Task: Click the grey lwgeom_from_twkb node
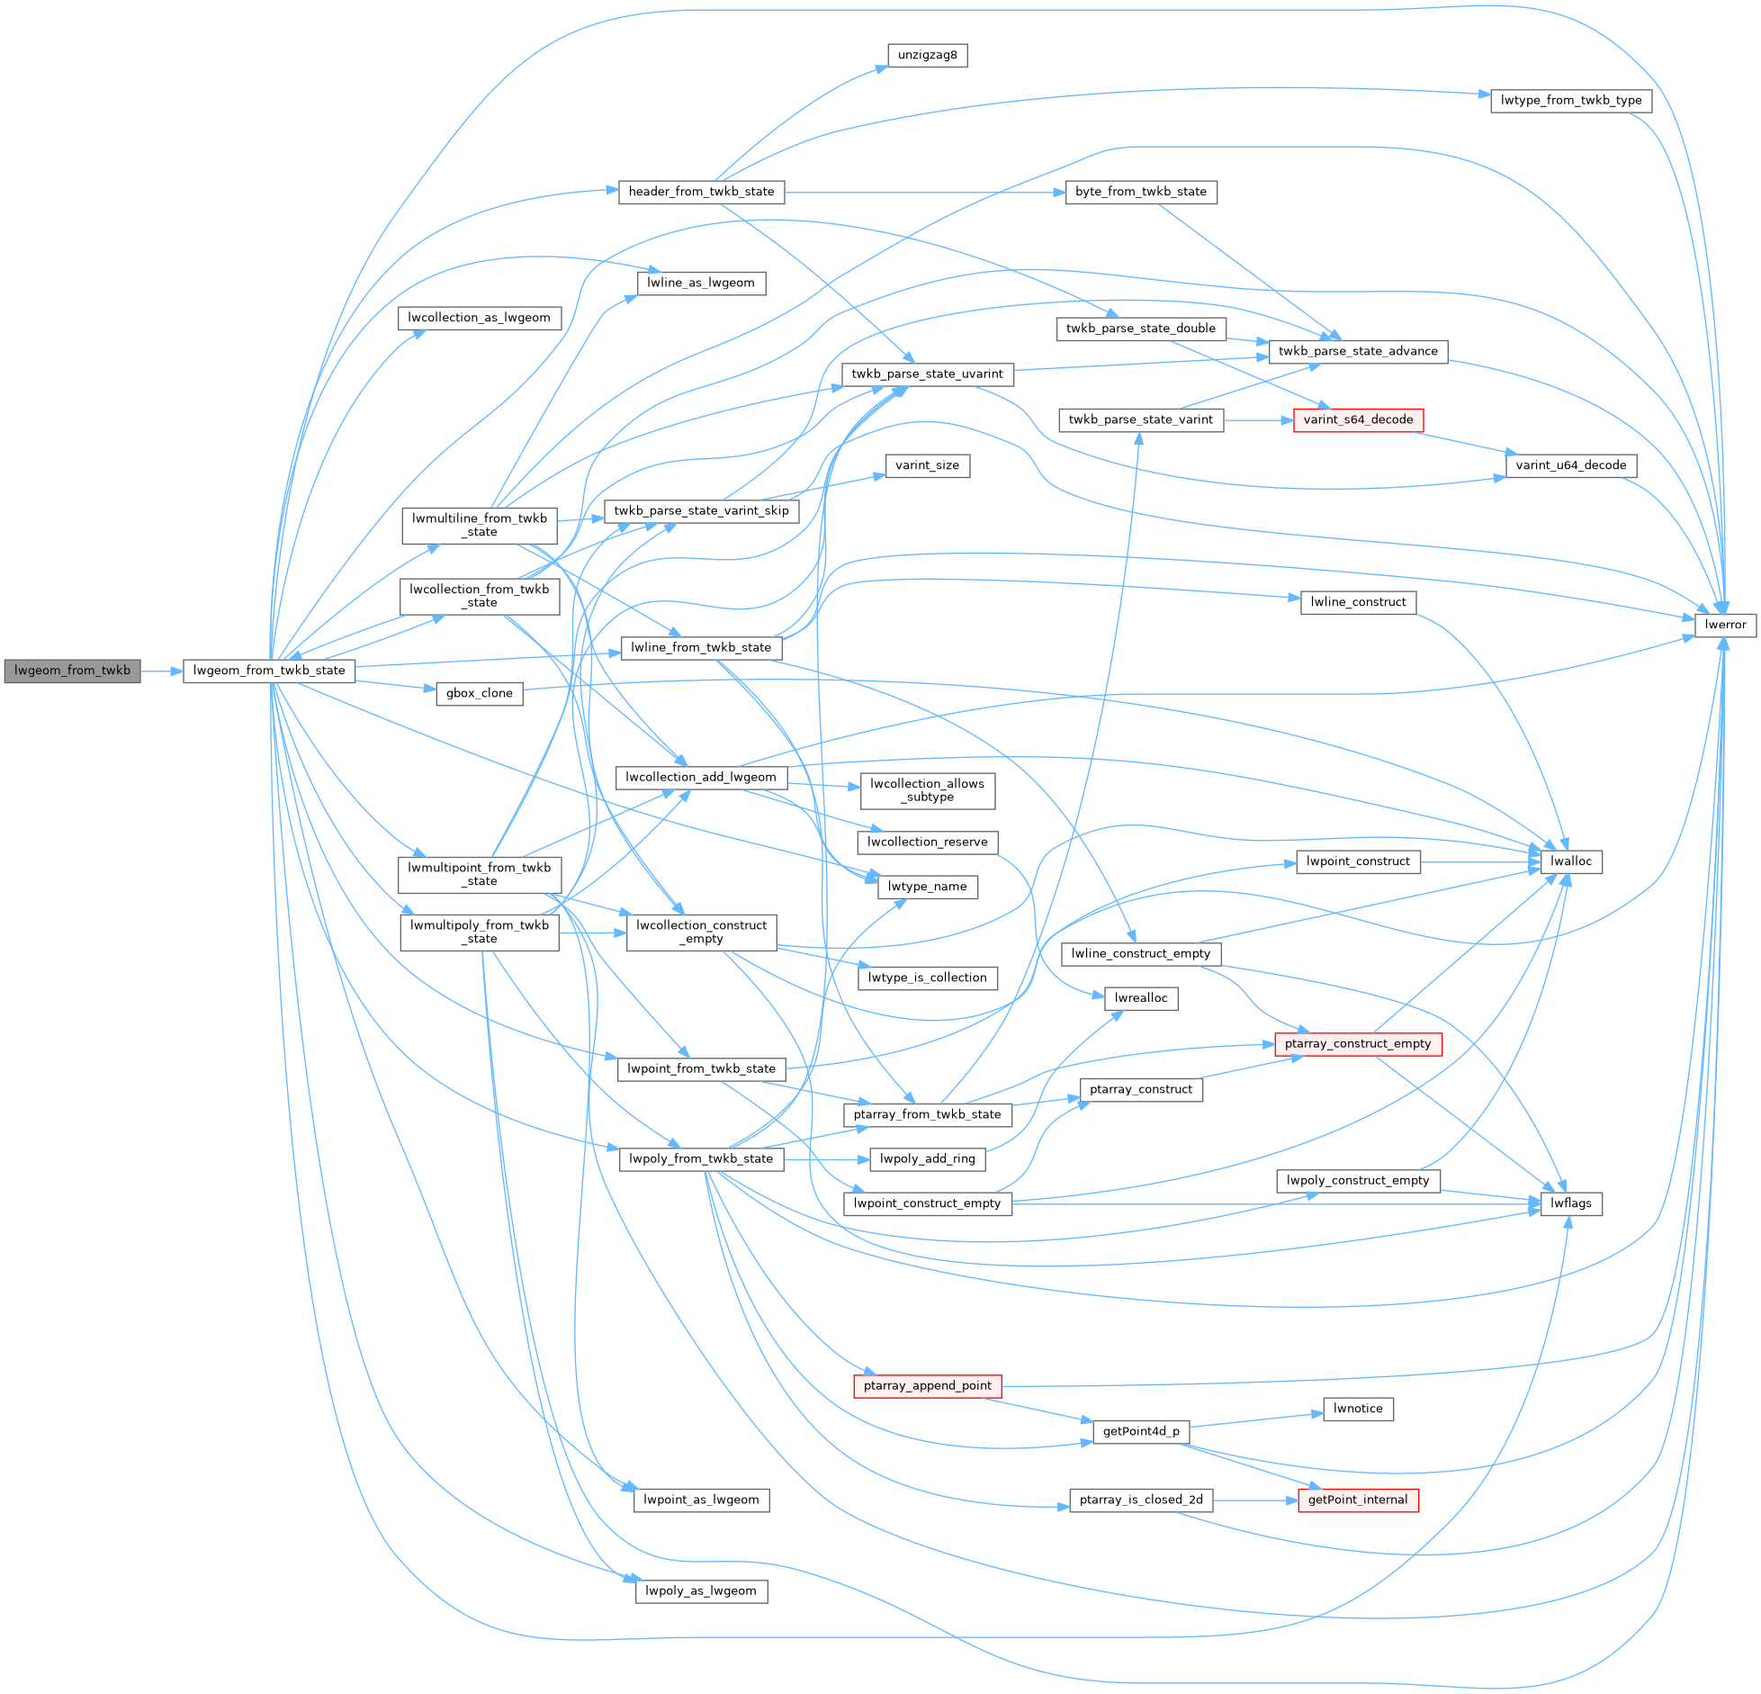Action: point(72,671)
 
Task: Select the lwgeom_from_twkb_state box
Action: point(269,671)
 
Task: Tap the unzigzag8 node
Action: point(928,55)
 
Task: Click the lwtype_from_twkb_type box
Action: point(1571,100)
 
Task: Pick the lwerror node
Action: point(1725,624)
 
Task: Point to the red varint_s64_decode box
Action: point(1358,419)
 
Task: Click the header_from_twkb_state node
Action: point(701,192)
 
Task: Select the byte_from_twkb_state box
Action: point(1141,192)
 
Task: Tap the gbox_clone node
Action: point(479,693)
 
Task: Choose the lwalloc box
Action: point(1571,861)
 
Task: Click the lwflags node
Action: point(1571,1203)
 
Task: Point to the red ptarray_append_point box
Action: point(927,1385)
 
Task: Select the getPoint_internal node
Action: point(1358,1500)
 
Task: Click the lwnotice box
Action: point(1358,1409)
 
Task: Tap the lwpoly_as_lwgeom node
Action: point(701,1590)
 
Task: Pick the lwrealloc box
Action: point(1141,997)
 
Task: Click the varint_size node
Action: point(928,465)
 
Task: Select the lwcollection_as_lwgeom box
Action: point(479,318)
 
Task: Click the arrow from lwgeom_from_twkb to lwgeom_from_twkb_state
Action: point(162,671)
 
